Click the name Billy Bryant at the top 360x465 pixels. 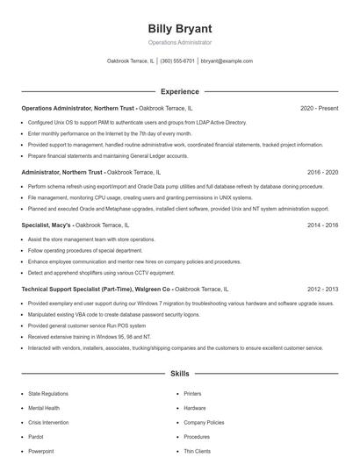pyautogui.click(x=179, y=29)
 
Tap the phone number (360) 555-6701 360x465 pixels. pyautogui.click(x=177, y=61)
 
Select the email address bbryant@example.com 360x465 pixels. pyautogui.click(x=227, y=61)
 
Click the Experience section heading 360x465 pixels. pyautogui.click(x=179, y=91)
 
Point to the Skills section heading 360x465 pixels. pyautogui.click(x=179, y=374)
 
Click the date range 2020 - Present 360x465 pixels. pyautogui.click(x=319, y=108)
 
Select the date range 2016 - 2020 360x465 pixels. pyautogui.click(x=322, y=173)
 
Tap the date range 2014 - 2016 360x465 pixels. pyautogui.click(x=322, y=225)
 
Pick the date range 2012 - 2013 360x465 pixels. pyautogui.click(x=322, y=289)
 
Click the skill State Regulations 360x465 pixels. pyautogui.click(x=47, y=394)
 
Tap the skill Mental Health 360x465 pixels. pyautogui.click(x=44, y=408)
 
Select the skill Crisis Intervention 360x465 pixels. pyautogui.click(x=49, y=422)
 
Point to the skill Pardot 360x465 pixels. pyautogui.click(x=37, y=436)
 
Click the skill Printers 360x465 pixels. pyautogui.click(x=192, y=394)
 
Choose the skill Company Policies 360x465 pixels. pyautogui.click(x=204, y=422)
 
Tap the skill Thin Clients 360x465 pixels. pyautogui.click(x=197, y=451)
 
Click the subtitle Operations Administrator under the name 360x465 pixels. pyautogui.click(x=179, y=42)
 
